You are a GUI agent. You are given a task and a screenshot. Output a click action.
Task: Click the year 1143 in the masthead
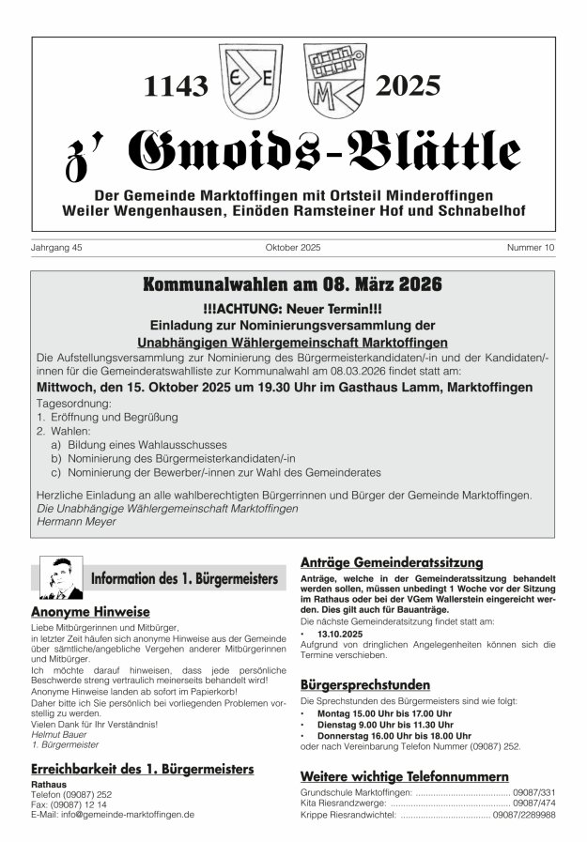point(176,87)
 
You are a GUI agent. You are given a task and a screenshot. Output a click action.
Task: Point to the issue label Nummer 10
point(532,248)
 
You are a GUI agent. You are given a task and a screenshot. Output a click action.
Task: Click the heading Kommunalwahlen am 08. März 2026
point(292,283)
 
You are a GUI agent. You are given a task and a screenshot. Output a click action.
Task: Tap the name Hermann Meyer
point(76,521)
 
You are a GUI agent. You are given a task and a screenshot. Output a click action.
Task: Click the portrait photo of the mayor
point(62,578)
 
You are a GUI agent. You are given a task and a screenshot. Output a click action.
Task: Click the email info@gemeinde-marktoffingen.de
point(113,815)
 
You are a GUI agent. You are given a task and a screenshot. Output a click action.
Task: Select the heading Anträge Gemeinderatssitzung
point(392,562)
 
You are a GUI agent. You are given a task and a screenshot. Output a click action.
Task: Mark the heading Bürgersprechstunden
point(365,684)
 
